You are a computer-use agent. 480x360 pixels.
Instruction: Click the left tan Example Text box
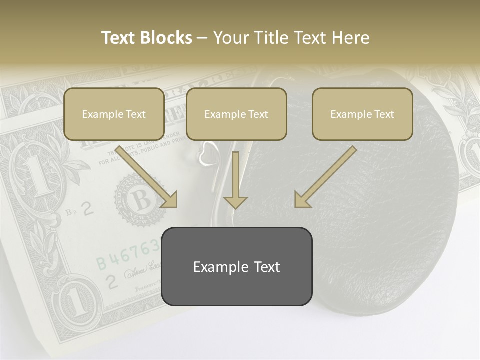coord(114,114)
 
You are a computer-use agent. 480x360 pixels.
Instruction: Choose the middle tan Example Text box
coord(236,114)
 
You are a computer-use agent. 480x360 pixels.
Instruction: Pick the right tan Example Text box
coord(362,114)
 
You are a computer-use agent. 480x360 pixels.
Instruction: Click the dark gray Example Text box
coord(237,266)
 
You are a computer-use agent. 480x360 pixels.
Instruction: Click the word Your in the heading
coord(230,38)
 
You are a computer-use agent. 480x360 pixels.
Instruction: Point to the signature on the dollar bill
coord(142,272)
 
